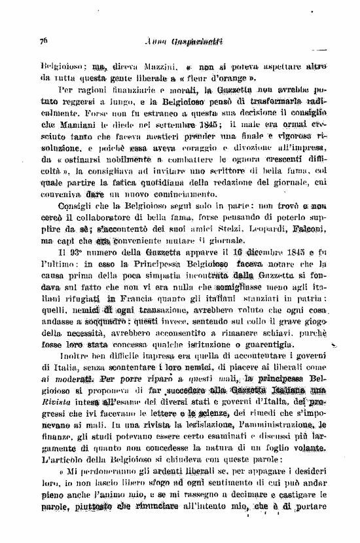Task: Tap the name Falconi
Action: (321, 213)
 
